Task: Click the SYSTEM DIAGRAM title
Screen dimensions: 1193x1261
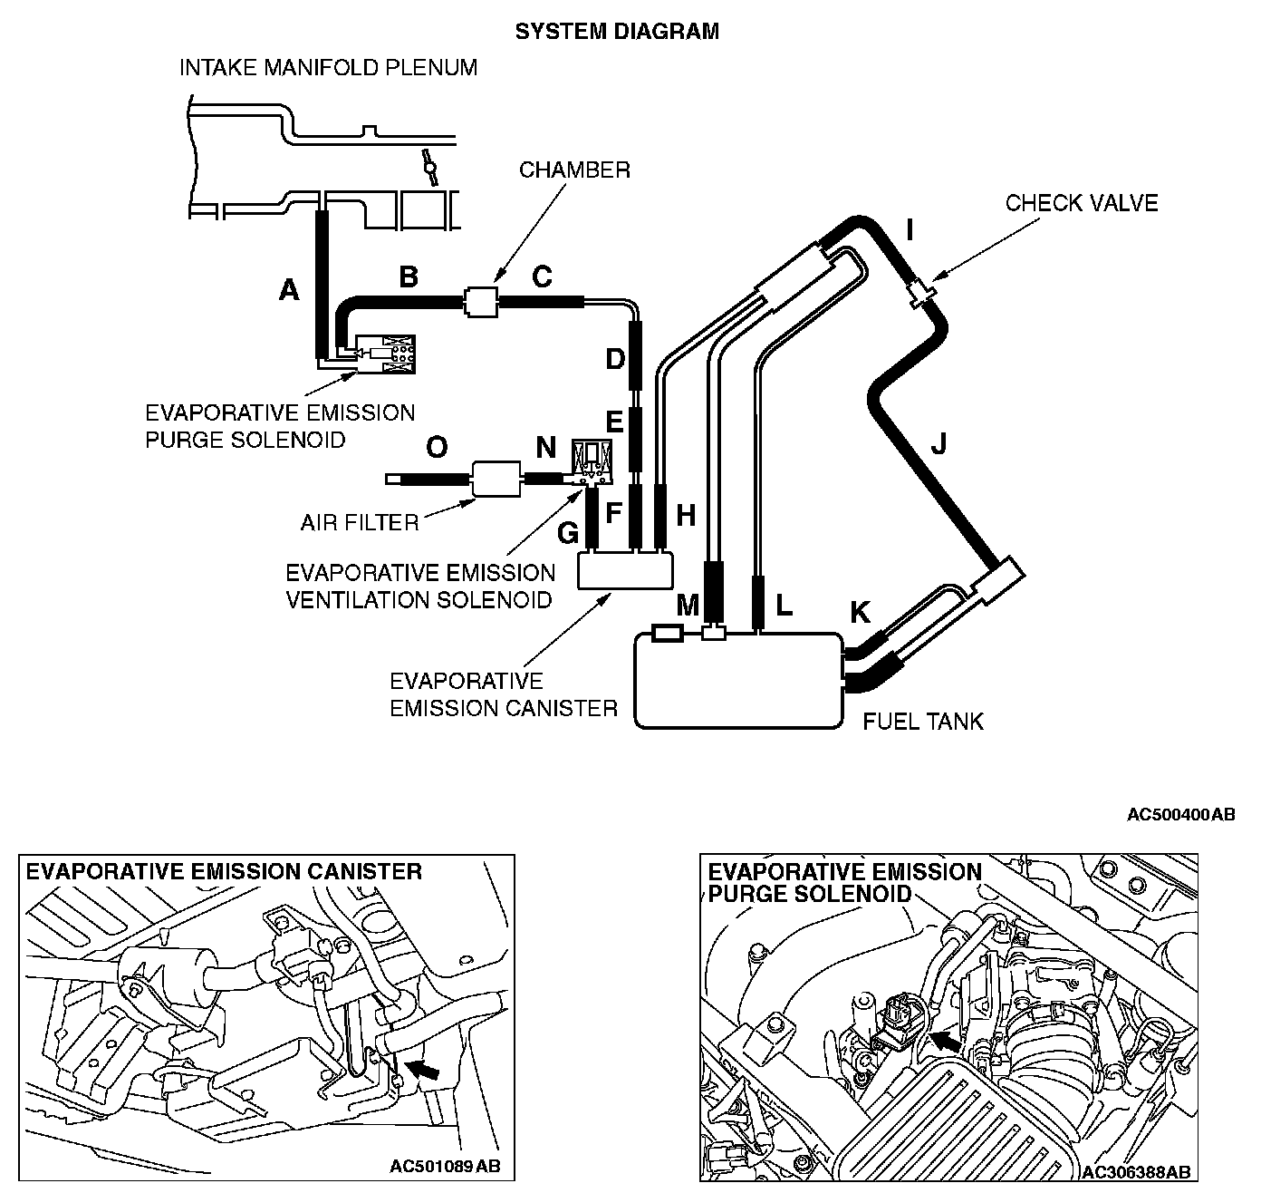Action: coord(617,32)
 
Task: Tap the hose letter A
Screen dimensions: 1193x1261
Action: coord(288,290)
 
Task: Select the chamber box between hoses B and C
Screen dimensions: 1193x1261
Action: coord(480,300)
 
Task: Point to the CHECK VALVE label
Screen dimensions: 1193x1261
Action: coord(1081,202)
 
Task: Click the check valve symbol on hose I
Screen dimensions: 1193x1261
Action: coord(922,293)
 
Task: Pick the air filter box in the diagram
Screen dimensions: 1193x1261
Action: coord(496,478)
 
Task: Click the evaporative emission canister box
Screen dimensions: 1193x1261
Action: coord(626,570)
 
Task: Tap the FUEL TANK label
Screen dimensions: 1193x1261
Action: coord(922,722)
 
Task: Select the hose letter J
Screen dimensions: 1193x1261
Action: coord(939,444)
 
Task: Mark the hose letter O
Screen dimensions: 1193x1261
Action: coord(437,448)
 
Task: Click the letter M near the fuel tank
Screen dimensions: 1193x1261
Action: coord(688,605)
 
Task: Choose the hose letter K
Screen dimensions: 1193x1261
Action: coord(859,613)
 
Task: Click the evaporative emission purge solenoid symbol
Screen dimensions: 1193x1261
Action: coord(384,353)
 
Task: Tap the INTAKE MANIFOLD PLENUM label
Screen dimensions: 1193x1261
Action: coord(328,68)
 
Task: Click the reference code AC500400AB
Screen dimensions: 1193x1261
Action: coord(1180,815)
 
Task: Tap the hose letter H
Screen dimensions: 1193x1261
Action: coord(686,515)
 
